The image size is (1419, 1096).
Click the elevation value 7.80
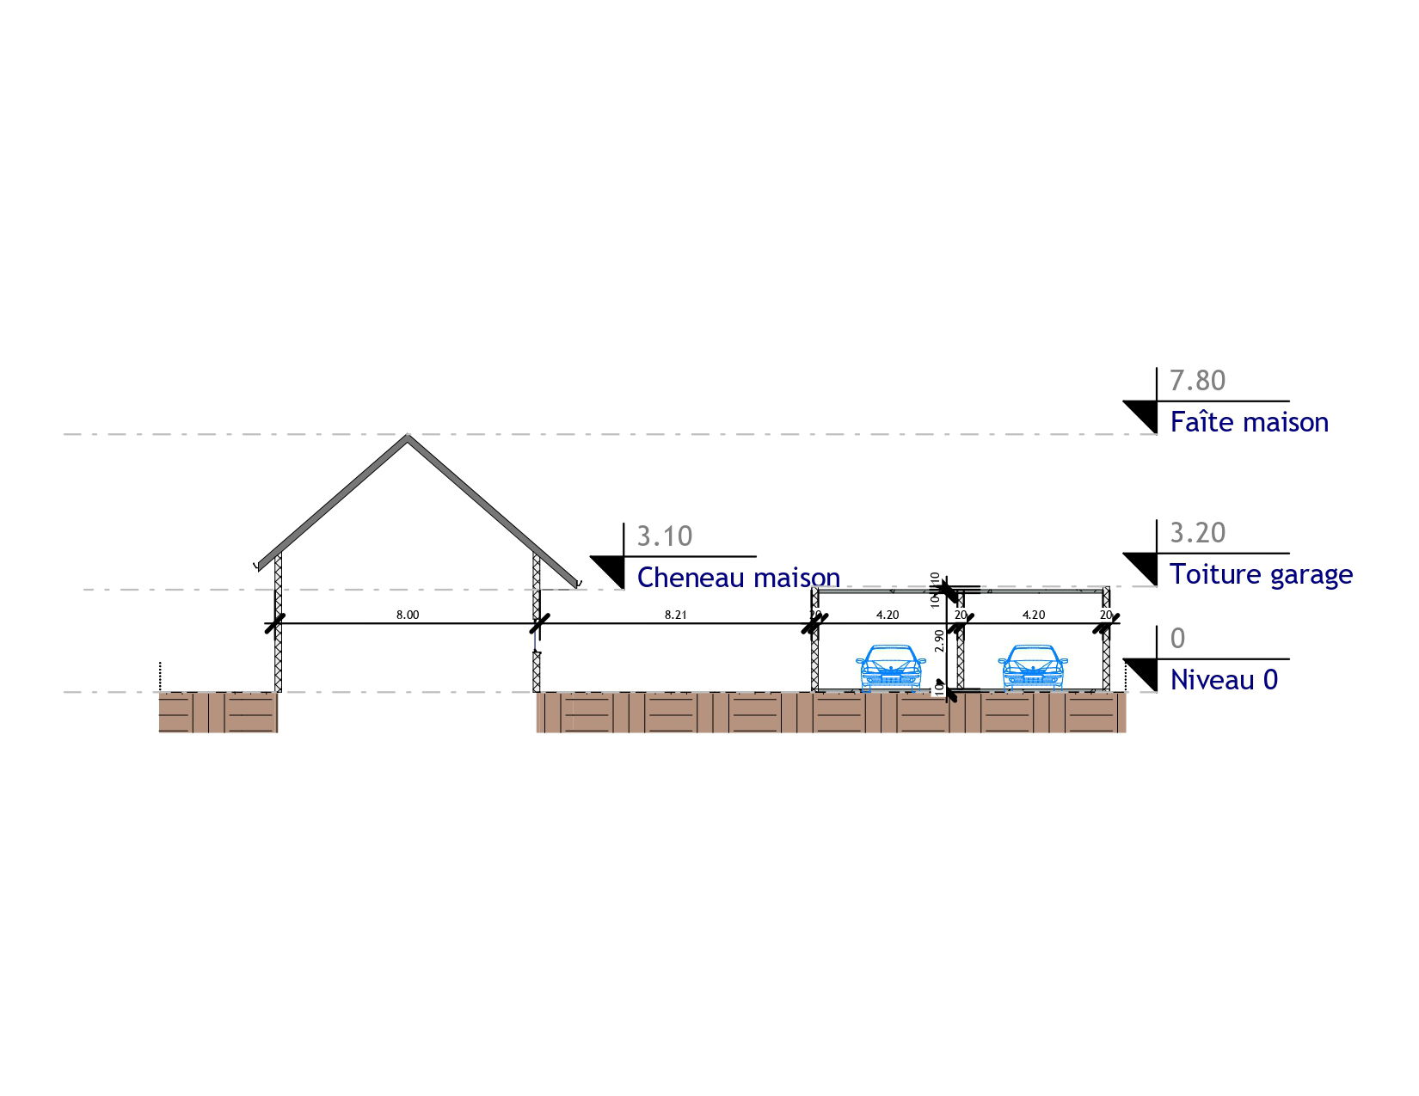1197,380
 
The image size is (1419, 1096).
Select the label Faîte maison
1249,422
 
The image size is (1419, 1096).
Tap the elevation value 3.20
1197,533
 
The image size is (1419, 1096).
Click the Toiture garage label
1261,574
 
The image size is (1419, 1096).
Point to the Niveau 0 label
1224,680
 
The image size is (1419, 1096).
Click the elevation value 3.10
664,536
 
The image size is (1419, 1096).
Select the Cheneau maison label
738,578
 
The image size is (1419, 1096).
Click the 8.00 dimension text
408,615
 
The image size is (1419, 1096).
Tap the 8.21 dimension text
676,615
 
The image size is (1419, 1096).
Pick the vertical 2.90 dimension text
939,640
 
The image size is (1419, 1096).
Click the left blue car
891,668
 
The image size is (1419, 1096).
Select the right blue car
1033,668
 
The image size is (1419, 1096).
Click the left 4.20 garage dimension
888,615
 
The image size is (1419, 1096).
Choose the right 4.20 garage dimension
1034,615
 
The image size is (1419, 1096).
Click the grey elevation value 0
1177,639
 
